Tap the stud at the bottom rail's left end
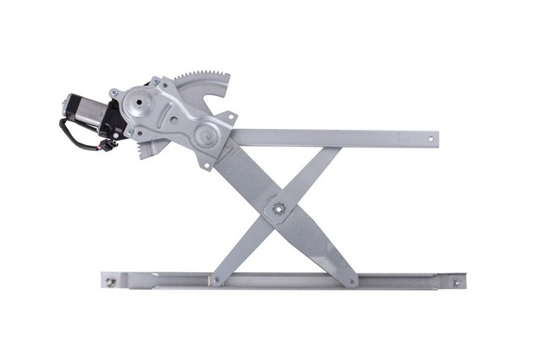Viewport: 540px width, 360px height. tap(110, 281)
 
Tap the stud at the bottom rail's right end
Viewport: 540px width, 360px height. tap(456, 282)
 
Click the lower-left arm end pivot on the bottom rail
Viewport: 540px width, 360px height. tap(217, 280)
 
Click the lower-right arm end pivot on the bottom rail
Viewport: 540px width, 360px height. tap(353, 280)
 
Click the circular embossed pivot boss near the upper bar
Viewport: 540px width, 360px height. tap(205, 136)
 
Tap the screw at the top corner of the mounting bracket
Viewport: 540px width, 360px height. tap(156, 82)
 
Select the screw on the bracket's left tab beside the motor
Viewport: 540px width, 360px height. tap(114, 93)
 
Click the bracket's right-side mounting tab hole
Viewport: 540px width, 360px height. tap(232, 118)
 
